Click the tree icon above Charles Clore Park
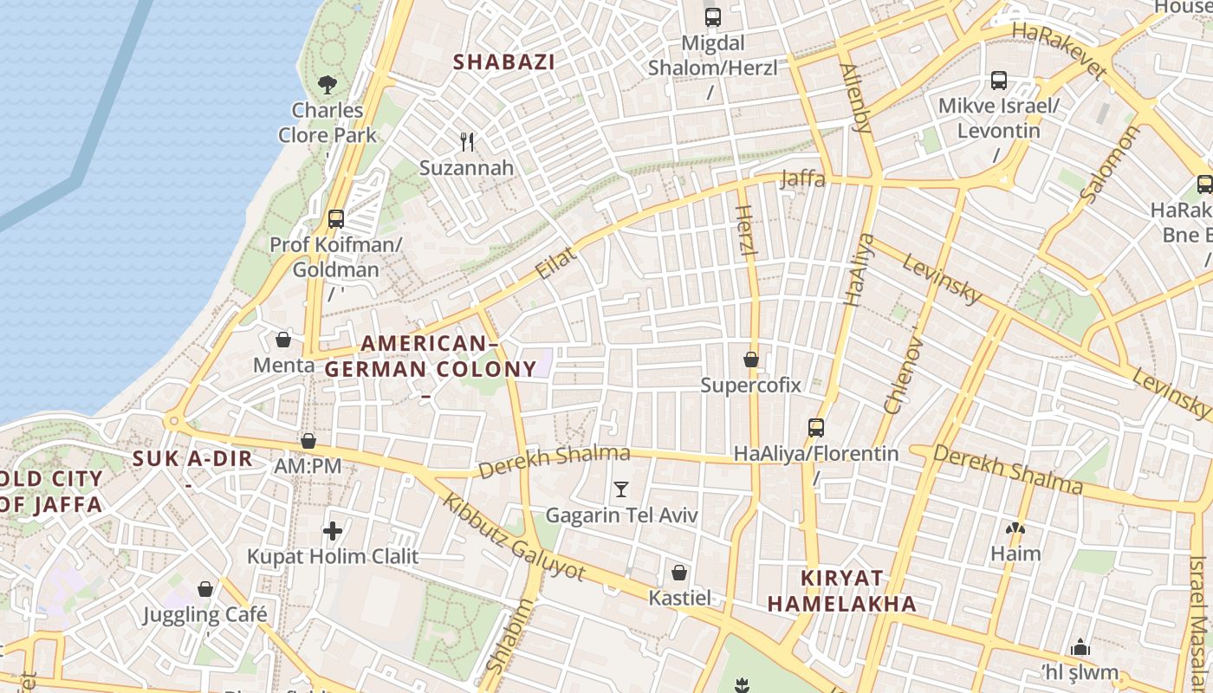pyautogui.click(x=327, y=84)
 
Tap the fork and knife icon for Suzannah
pyautogui.click(x=467, y=141)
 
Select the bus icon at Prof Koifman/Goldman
pyautogui.click(x=336, y=219)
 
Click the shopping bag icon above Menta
pyautogui.click(x=283, y=339)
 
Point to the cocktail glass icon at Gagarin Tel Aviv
pyautogui.click(x=620, y=489)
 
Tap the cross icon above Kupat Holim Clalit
pyautogui.click(x=333, y=530)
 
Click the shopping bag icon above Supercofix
pyautogui.click(x=751, y=359)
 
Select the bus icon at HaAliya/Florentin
pyautogui.click(x=815, y=427)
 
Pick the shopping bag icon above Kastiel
pyautogui.click(x=679, y=573)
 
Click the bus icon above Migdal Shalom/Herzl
pyautogui.click(x=713, y=16)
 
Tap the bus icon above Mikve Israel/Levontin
pyautogui.click(x=999, y=81)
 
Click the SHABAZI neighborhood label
pyautogui.click(x=504, y=62)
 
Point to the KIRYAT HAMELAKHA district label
pyautogui.click(x=842, y=591)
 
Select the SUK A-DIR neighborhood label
pyautogui.click(x=192, y=459)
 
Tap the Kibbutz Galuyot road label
pyautogui.click(x=514, y=538)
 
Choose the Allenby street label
pyautogui.click(x=856, y=97)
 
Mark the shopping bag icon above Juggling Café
pyautogui.click(x=205, y=589)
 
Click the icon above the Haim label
pyautogui.click(x=1015, y=528)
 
